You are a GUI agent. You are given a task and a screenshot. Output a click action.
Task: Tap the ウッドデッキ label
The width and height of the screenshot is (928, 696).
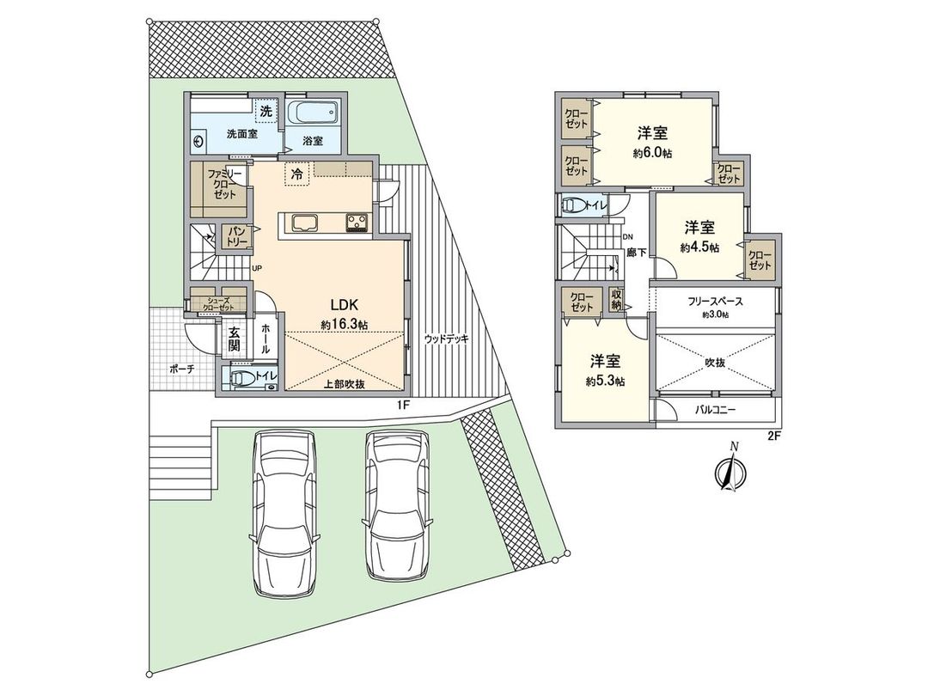(x=447, y=339)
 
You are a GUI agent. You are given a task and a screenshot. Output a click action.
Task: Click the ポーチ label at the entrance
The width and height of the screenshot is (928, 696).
(x=181, y=368)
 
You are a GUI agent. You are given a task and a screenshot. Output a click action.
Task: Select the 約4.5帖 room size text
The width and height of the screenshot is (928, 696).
(x=699, y=247)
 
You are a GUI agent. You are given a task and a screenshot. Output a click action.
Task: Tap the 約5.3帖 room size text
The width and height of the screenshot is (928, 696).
(x=606, y=381)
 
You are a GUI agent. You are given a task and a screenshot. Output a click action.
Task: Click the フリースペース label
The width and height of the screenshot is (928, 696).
(x=715, y=302)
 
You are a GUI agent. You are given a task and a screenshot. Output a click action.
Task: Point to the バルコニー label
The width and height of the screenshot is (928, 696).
(x=716, y=410)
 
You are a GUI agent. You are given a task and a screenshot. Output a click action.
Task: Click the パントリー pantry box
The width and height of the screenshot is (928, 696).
(x=237, y=237)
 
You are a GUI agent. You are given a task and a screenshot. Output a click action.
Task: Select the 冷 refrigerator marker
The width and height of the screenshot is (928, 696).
(x=296, y=174)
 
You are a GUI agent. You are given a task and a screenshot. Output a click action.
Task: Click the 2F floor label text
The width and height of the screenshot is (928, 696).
(x=772, y=437)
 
